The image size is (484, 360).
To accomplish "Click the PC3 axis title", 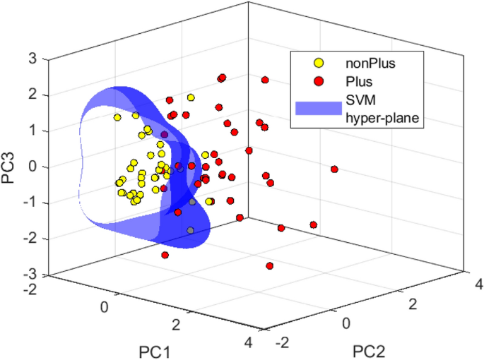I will [10, 167].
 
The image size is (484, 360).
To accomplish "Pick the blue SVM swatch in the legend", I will [318, 107].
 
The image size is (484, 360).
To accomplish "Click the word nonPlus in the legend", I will [370, 64].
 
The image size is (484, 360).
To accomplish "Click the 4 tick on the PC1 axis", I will [247, 344].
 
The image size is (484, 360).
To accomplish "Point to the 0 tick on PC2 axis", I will [346, 323].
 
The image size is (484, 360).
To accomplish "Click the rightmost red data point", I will [334, 169].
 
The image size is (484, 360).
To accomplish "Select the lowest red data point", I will [269, 265].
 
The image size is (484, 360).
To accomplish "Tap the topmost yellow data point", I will [191, 97].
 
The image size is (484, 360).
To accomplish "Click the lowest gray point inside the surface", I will [190, 230].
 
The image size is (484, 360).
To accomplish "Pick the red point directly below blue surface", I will [165, 255].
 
